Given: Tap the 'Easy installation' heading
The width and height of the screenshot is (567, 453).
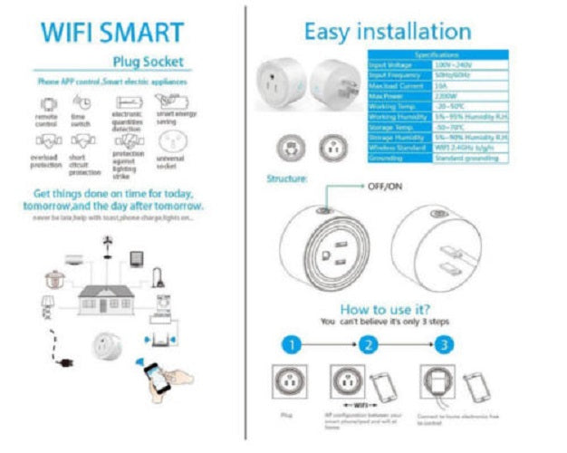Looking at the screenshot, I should pos(387,32).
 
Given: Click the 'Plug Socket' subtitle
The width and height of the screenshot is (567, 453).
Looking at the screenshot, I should pos(147,63).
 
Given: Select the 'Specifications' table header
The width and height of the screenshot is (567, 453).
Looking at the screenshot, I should pos(437,55).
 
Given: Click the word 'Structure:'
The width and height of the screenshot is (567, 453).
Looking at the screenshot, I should pos(286,179).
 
